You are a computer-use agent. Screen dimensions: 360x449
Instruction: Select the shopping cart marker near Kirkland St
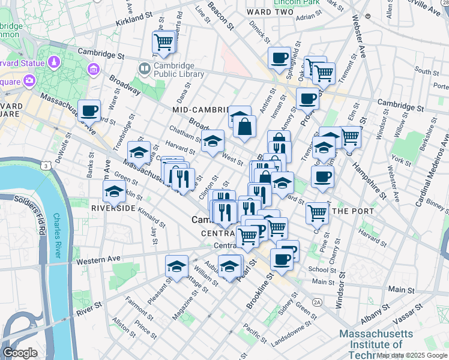164,43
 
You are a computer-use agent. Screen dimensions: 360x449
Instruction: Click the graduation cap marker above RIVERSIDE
114,193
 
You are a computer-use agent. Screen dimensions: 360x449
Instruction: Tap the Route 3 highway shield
45,164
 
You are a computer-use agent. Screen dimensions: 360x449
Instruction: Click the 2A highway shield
317,302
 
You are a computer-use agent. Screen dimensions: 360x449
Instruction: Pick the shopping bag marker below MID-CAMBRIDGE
245,127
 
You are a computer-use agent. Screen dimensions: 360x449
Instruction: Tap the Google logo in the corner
19,352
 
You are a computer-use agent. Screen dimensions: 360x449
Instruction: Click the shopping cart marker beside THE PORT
317,212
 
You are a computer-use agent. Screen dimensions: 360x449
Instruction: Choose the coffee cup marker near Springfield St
279,58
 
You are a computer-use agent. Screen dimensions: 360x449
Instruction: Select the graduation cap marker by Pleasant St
177,267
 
